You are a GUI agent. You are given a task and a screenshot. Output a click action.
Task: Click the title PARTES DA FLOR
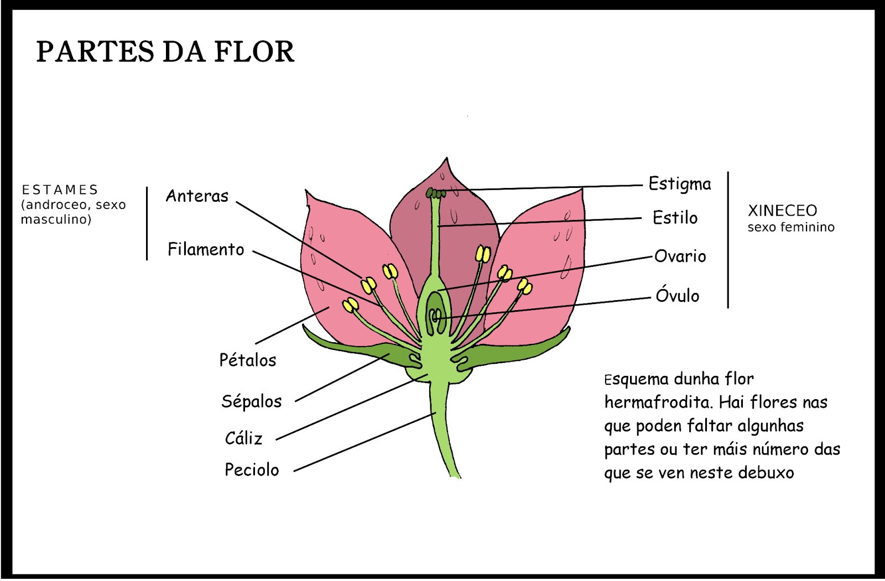(x=165, y=52)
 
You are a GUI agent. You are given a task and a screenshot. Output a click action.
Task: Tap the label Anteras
(x=197, y=196)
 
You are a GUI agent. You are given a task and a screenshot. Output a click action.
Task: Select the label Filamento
(x=206, y=249)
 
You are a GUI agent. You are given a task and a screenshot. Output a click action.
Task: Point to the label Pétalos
(x=247, y=360)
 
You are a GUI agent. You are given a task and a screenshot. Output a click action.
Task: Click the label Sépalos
(x=251, y=401)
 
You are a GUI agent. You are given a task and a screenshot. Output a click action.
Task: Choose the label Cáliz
(x=243, y=438)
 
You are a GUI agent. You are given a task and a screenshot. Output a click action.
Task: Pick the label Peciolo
(x=252, y=470)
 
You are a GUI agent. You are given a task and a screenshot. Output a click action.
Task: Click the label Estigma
(x=680, y=184)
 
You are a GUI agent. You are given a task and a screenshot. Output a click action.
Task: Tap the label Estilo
(x=675, y=218)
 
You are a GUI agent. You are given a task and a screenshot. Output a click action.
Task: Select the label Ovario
(x=680, y=257)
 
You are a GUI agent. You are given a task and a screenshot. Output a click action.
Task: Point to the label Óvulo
(x=677, y=295)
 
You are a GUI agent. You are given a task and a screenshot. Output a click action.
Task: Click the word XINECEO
(x=782, y=211)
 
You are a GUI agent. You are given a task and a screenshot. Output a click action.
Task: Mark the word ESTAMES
(x=60, y=190)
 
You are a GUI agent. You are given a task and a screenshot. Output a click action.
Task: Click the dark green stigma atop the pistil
(x=436, y=193)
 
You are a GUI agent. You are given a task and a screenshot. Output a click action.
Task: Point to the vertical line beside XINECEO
(x=728, y=239)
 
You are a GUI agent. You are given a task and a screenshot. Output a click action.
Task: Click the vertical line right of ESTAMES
(x=147, y=223)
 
